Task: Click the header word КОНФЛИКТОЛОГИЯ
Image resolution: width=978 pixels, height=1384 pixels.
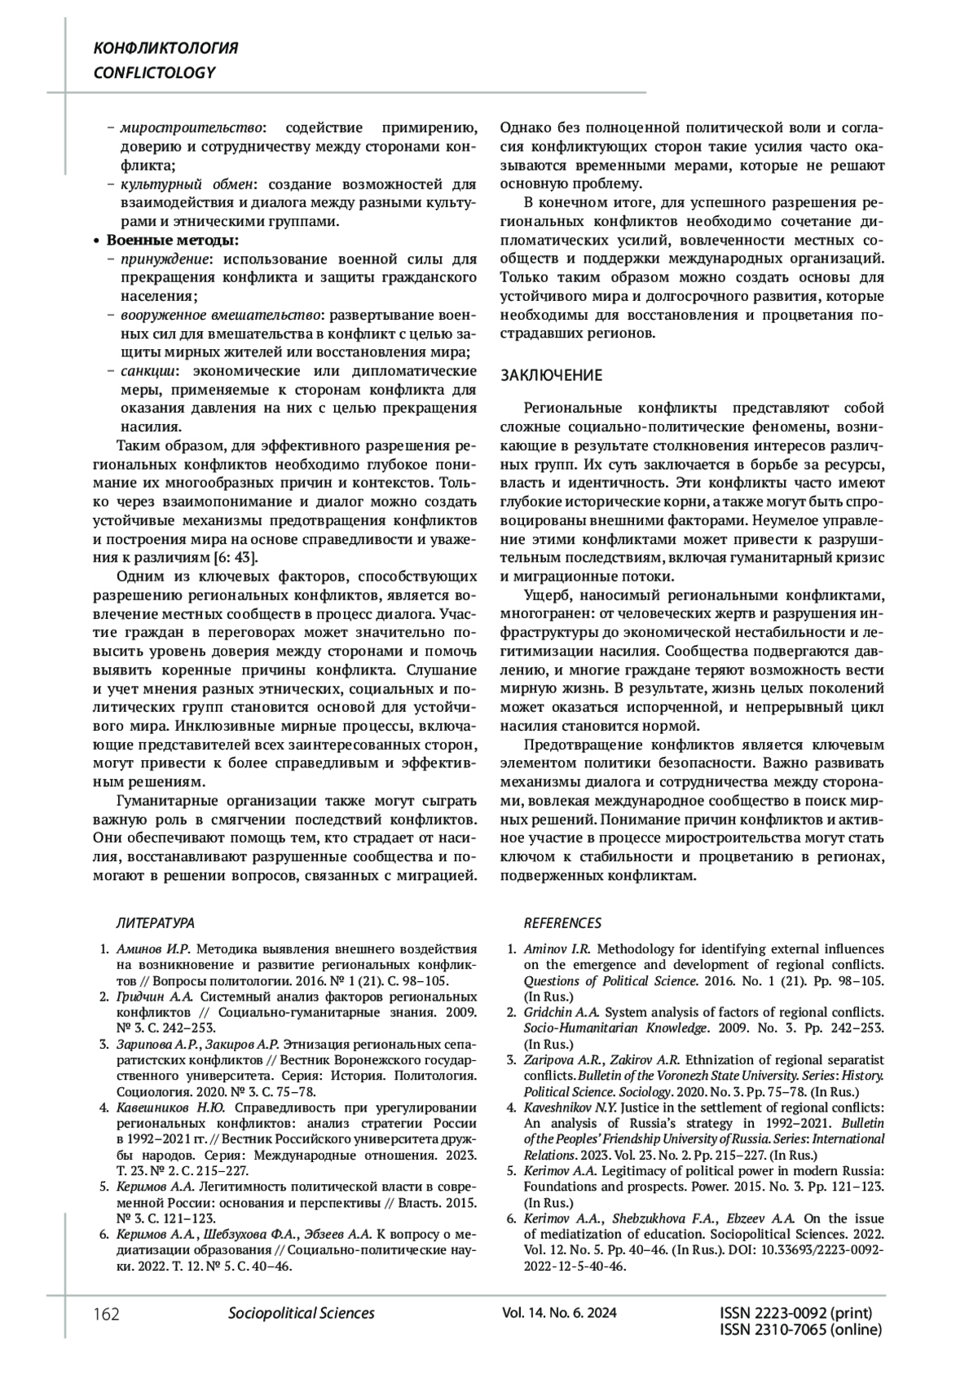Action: [166, 48]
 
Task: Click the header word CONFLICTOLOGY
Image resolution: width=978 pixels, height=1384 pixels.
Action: [155, 73]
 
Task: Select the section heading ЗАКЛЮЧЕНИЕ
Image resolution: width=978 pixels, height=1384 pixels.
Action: [551, 375]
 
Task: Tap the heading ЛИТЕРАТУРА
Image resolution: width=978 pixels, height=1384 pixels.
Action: [156, 923]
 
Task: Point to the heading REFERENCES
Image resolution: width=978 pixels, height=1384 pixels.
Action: [562, 923]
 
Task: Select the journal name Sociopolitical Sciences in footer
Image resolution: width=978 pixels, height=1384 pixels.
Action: [302, 1313]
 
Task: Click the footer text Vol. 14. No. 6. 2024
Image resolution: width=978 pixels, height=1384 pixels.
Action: [560, 1313]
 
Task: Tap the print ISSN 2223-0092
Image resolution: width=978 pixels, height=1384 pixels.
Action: [796, 1313]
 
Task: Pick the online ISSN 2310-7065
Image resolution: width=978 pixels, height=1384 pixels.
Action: [801, 1330]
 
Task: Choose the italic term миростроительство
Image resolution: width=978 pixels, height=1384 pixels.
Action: [192, 128]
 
